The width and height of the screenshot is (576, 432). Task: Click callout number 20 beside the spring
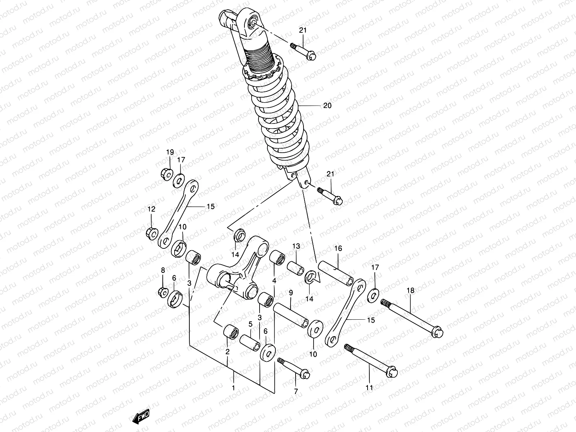327,106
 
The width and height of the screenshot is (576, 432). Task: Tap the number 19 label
170,152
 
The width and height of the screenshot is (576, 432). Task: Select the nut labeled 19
166,174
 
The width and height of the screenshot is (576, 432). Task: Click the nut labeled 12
151,233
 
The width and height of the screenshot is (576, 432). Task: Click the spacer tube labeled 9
291,314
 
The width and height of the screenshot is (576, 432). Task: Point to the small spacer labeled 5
250,342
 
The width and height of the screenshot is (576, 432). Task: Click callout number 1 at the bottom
233,388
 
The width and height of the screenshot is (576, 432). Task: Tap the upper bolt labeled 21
303,51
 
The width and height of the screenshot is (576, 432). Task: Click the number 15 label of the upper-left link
211,207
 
